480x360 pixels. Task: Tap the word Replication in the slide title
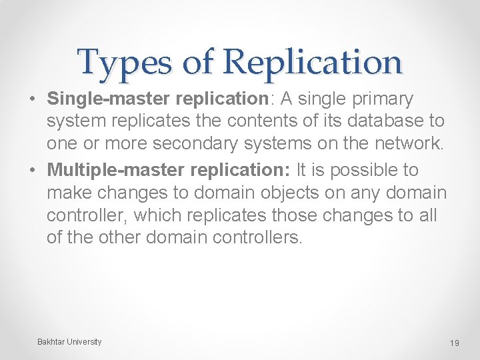click(313, 63)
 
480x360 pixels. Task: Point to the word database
click(378, 123)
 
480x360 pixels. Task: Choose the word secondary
click(219, 146)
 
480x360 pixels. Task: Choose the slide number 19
click(455, 343)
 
